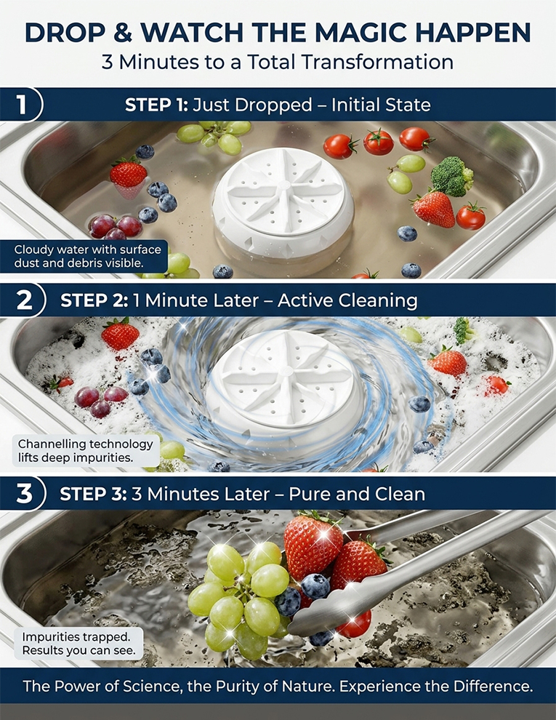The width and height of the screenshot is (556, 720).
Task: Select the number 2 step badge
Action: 24,300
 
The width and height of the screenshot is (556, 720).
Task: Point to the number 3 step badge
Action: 24,494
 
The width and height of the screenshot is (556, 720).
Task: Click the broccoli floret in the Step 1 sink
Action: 452,176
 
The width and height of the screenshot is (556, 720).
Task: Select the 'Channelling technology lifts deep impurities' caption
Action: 86,450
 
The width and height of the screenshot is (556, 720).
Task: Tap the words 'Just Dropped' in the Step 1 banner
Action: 252,105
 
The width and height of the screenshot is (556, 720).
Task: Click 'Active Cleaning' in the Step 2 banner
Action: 347,300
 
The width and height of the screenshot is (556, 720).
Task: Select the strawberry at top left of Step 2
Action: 120,334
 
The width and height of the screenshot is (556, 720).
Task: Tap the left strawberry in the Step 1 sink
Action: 128,174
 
